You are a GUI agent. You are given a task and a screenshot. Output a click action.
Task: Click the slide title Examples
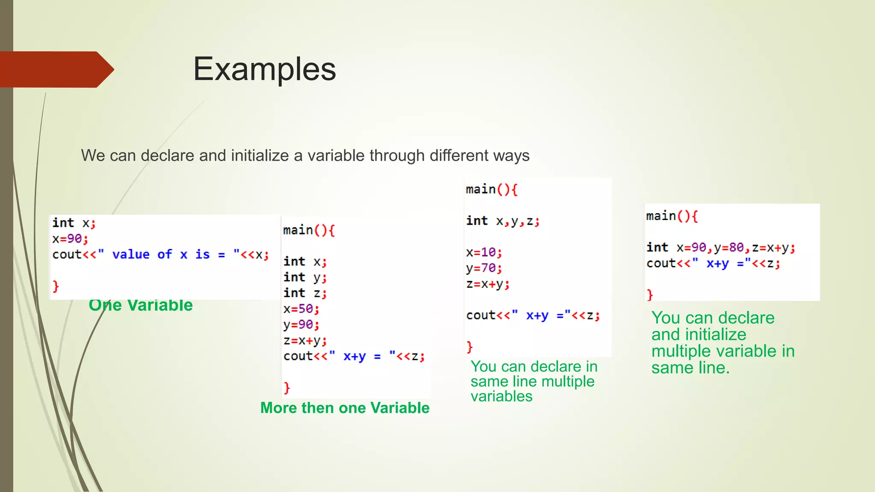(264, 69)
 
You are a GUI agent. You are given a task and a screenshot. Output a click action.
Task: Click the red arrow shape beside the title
(56, 70)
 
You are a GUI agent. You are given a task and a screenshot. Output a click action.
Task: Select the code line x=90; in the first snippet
(70, 239)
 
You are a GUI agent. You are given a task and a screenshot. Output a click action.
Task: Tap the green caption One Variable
(141, 305)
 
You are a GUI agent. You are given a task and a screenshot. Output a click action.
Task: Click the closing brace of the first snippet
(56, 286)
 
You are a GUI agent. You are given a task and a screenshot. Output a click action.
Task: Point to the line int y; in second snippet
(305, 278)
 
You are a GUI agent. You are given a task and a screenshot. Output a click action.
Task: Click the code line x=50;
(301, 309)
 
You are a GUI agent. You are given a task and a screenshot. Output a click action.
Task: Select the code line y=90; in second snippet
(301, 325)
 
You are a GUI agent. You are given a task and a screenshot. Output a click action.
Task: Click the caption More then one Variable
(345, 408)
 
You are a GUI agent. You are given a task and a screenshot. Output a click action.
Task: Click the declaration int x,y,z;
(503, 221)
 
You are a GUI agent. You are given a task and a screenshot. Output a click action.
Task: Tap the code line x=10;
(484, 252)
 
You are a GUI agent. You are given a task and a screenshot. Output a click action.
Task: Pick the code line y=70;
(484, 268)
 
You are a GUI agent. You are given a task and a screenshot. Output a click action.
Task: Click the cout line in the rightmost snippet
(713, 264)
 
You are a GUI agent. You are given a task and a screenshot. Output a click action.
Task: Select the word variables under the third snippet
(501, 396)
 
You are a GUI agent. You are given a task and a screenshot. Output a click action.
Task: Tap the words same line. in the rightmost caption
(690, 368)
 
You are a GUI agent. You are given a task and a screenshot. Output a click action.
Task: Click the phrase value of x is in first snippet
(161, 255)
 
